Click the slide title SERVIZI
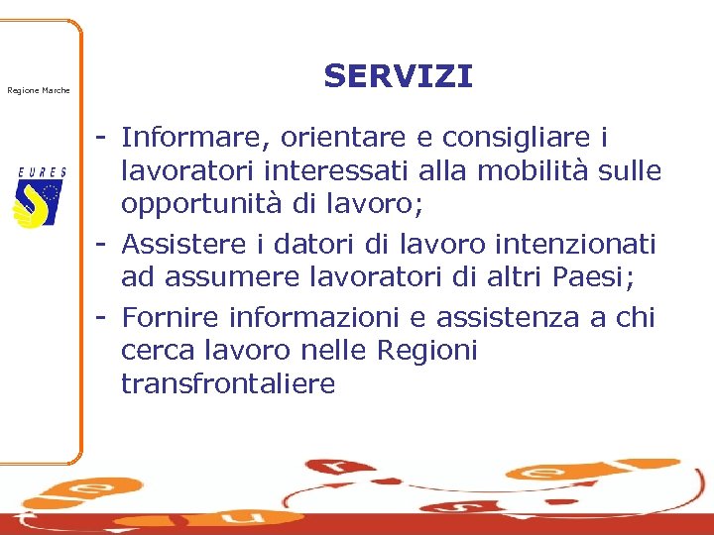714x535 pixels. click(398, 76)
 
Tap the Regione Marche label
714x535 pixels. click(39, 91)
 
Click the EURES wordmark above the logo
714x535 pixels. click(42, 171)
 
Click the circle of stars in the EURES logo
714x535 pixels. click(50, 192)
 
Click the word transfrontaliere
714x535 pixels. click(228, 384)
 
